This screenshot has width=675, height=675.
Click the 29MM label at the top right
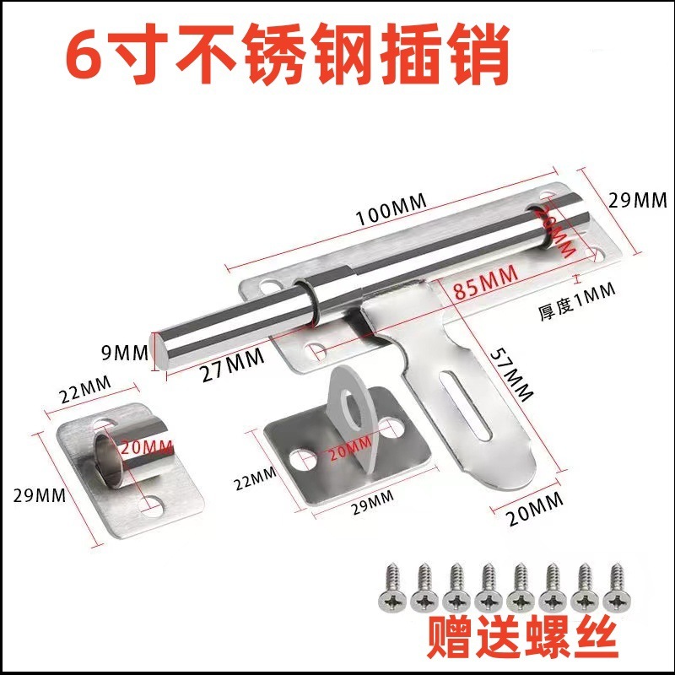pyautogui.click(x=637, y=201)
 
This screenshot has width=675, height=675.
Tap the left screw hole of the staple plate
pyautogui.click(x=298, y=460)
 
